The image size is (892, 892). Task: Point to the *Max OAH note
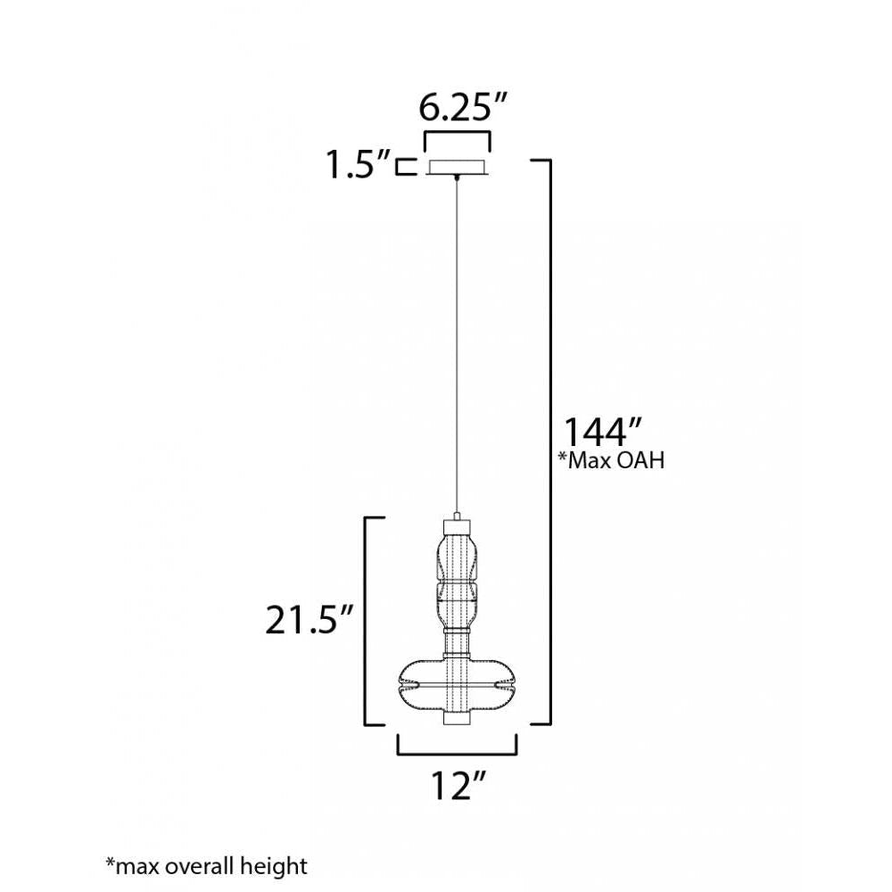pos(611,459)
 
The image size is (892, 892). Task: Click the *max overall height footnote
pos(207,866)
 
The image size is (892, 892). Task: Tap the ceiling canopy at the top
pos(458,168)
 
